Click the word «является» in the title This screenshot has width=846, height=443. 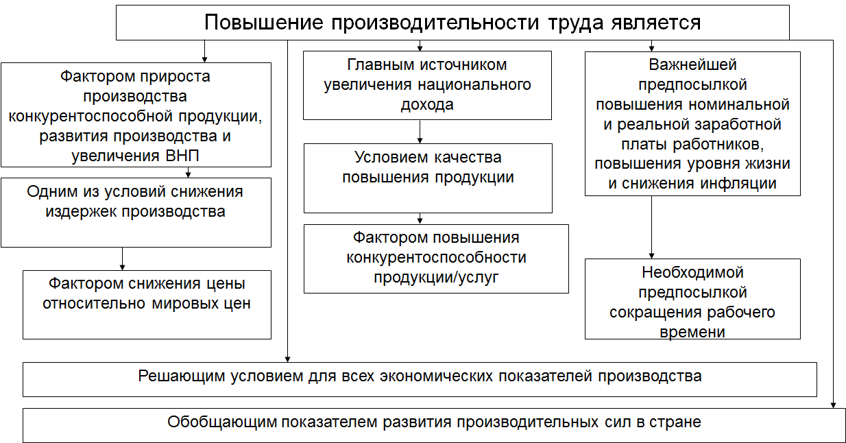656,22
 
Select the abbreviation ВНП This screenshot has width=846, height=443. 182,156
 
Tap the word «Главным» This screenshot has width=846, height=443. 380,65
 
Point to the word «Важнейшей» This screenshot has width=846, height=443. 692,64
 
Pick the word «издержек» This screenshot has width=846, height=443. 81,212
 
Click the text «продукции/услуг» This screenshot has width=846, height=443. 436,278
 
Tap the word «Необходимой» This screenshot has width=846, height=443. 692,273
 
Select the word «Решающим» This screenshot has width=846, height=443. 181,376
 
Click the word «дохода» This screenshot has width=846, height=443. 427,105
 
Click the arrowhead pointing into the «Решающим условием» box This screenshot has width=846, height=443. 287,359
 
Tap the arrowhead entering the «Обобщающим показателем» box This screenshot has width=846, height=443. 833,405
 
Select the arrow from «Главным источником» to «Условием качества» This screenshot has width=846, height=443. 420,132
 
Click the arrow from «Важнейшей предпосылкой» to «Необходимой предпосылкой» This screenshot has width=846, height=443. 651,228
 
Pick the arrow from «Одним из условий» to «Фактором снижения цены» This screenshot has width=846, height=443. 122,259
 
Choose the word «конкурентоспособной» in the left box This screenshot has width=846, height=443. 91,116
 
